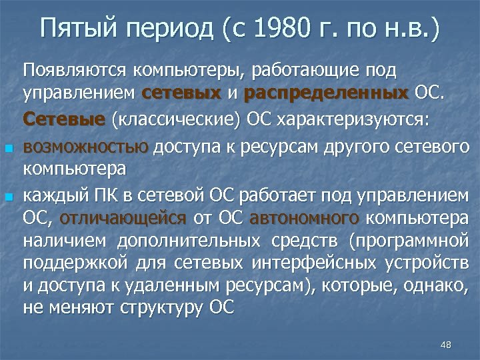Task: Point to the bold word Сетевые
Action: [73, 119]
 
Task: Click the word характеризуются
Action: [360, 120]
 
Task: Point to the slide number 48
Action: [446, 344]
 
